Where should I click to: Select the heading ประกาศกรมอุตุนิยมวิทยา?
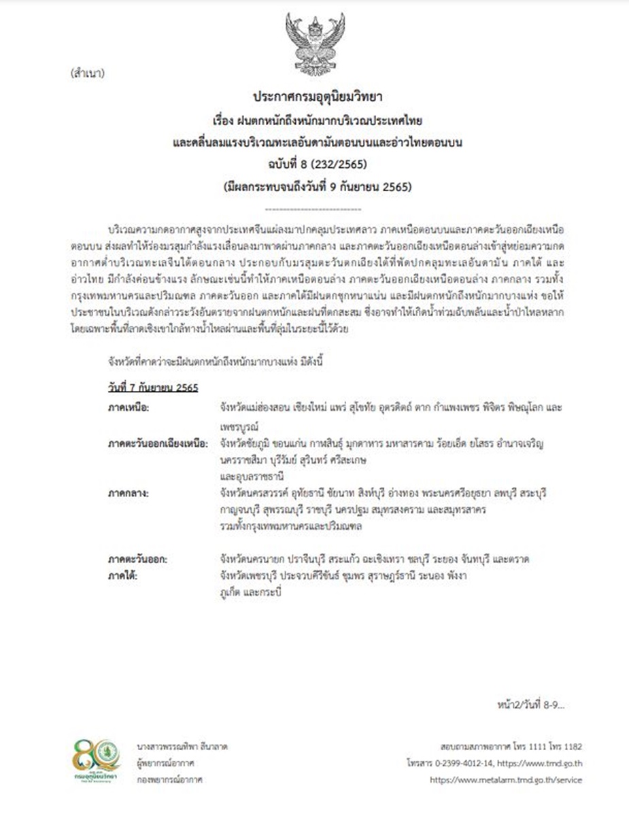pyautogui.click(x=314, y=97)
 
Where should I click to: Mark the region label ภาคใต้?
pyautogui.click(x=124, y=575)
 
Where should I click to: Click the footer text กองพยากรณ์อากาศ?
pyautogui.click(x=169, y=779)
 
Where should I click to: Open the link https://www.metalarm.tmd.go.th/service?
pyautogui.click(x=506, y=780)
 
